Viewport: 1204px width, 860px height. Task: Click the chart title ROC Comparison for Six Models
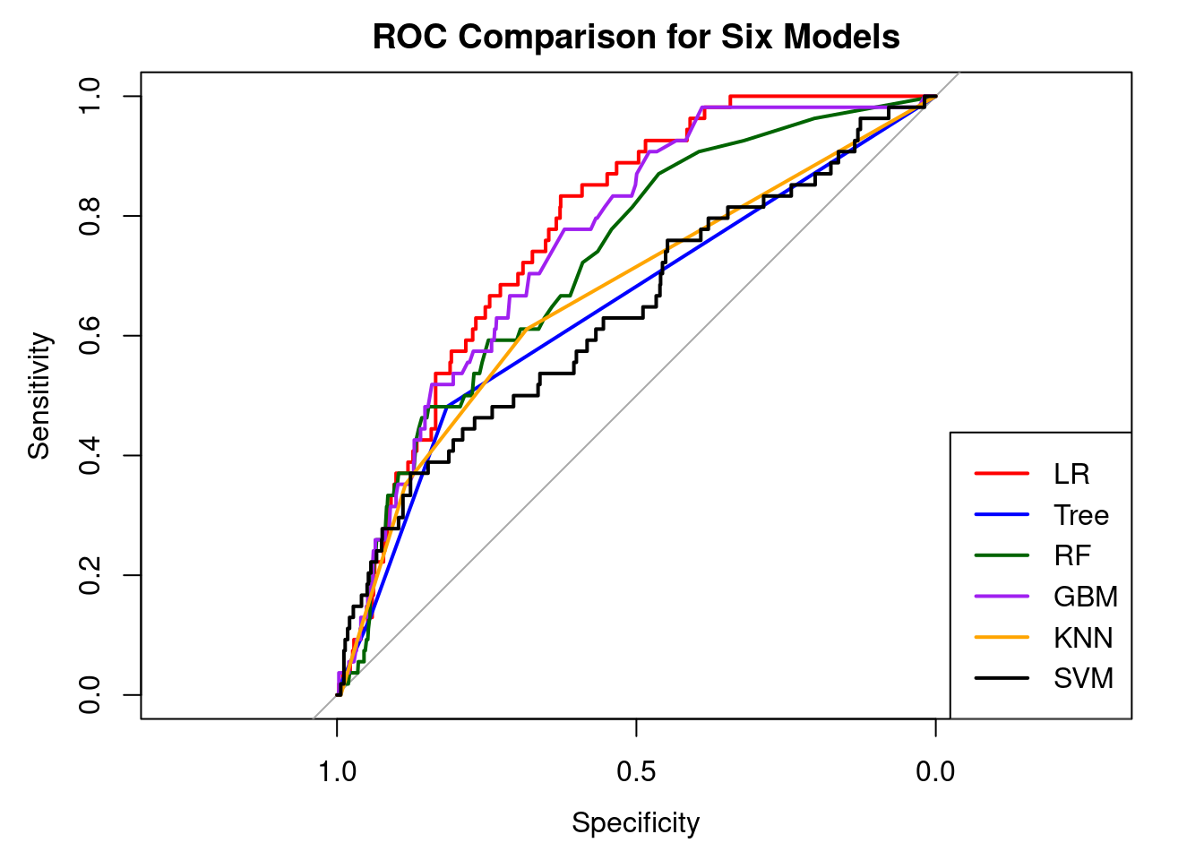[x=636, y=37]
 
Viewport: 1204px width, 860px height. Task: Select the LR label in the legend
[x=1071, y=474]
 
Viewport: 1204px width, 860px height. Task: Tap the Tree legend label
[x=1080, y=515]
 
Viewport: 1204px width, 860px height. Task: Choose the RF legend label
[x=1071, y=556]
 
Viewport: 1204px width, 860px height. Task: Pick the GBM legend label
[x=1085, y=597]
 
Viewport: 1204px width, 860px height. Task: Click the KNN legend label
[x=1083, y=638]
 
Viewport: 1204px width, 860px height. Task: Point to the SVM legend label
[x=1083, y=678]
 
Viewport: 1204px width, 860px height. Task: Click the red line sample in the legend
[x=1002, y=474]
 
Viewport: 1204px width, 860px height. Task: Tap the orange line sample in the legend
[x=1002, y=638]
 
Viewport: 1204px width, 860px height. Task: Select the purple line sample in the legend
[x=1002, y=597]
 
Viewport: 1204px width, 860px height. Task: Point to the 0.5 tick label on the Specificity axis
[x=636, y=770]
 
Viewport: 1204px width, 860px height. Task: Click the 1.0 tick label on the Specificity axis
[x=337, y=770]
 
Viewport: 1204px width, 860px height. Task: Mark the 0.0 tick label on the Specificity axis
[x=935, y=770]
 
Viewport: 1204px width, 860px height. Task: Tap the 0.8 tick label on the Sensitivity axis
[x=90, y=216]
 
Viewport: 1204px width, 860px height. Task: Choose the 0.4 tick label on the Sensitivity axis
[x=90, y=455]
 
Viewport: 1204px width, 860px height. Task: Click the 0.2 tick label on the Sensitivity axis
[x=90, y=575]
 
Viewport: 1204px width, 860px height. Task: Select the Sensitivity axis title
[x=39, y=395]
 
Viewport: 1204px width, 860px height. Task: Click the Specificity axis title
[x=636, y=822]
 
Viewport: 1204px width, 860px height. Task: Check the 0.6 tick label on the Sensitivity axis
[x=90, y=336]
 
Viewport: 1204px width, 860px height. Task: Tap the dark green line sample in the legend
[x=1002, y=556]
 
